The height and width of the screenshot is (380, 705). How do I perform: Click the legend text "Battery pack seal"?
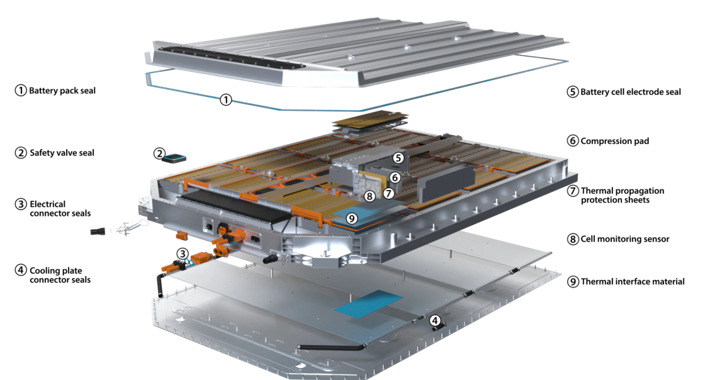click(x=62, y=91)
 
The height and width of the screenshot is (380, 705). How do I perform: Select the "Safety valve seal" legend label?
click(x=62, y=152)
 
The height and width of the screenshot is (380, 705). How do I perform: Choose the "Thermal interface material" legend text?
click(x=632, y=281)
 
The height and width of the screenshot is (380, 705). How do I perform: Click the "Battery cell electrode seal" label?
click(x=630, y=92)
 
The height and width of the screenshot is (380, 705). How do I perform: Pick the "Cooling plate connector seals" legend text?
click(x=60, y=274)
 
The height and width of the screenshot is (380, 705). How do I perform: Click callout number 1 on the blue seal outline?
click(x=226, y=99)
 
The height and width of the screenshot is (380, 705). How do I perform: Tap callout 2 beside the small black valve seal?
click(x=160, y=153)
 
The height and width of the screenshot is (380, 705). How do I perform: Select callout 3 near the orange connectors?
click(x=182, y=254)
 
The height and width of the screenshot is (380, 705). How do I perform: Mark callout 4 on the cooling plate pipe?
click(x=435, y=320)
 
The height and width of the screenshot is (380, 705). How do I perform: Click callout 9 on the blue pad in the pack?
click(x=352, y=218)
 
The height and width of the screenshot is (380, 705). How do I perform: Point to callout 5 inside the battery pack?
click(x=398, y=158)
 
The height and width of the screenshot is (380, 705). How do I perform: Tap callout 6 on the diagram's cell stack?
click(x=395, y=178)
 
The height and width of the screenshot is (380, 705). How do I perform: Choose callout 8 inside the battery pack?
click(x=370, y=196)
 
